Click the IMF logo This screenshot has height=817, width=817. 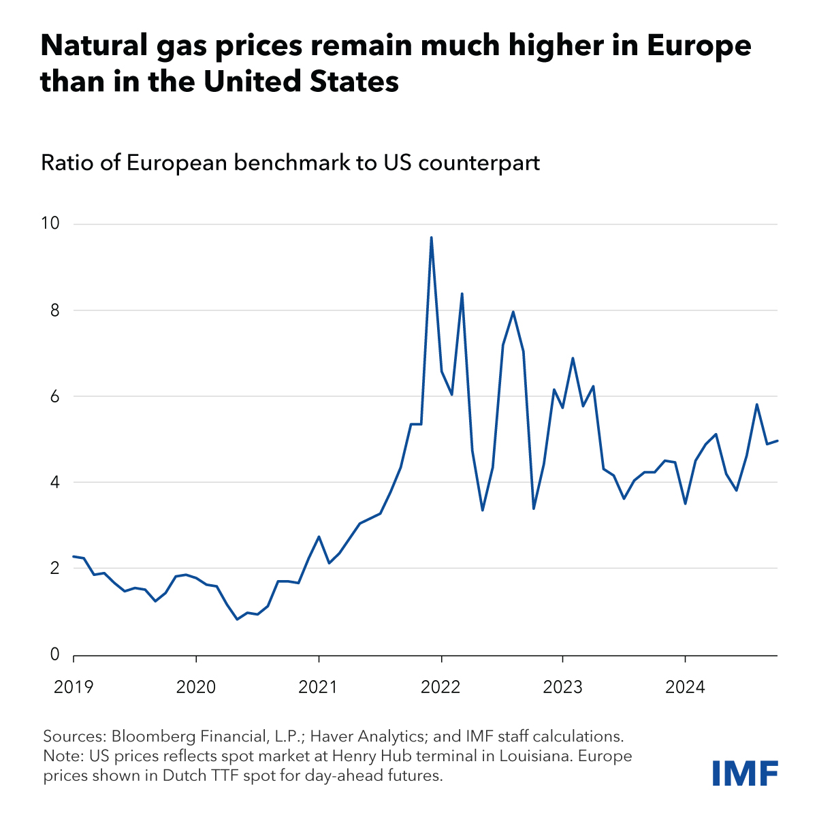click(x=745, y=773)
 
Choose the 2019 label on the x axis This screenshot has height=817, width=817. click(x=74, y=686)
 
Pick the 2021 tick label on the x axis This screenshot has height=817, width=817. click(x=319, y=686)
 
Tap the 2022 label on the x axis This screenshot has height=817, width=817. click(x=441, y=686)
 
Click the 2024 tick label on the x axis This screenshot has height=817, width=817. click(x=685, y=686)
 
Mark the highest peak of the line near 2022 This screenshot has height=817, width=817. click(x=431, y=238)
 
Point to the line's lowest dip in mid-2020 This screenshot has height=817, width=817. click(x=237, y=619)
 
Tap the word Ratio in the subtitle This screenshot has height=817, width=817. click(x=62, y=163)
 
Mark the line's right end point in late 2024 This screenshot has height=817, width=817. click(x=778, y=440)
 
